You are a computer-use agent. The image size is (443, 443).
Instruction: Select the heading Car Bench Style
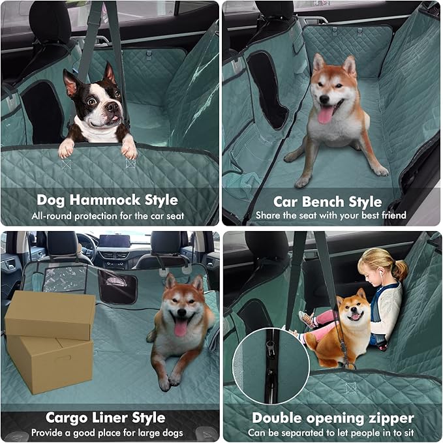tap(328, 201)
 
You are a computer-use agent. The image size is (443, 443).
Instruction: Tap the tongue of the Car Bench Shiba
tap(325, 115)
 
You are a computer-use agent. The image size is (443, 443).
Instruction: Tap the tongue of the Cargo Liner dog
tap(180, 328)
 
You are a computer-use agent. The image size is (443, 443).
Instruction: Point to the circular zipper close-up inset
tap(271, 365)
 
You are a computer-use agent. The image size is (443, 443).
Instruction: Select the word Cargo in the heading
tap(69, 418)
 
